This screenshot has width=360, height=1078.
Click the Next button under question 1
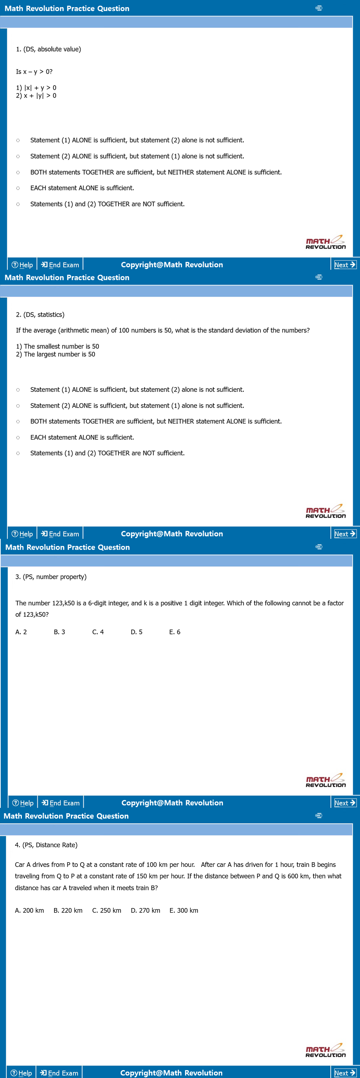[345, 264]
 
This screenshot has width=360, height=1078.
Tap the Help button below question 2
[22, 533]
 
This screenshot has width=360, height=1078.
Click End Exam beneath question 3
[61, 803]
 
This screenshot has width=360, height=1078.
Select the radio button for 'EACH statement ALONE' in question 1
[18, 188]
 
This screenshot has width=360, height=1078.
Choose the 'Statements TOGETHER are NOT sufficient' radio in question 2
[18, 453]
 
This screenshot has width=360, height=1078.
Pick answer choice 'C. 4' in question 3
[98, 632]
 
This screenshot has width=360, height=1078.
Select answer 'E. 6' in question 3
[175, 632]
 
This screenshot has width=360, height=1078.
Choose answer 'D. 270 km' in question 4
[145, 910]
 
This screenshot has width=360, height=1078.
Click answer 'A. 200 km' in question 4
[29, 910]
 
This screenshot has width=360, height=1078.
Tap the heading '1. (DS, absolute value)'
[49, 49]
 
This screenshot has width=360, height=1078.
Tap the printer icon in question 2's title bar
[318, 277]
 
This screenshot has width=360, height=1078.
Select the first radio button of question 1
[18, 141]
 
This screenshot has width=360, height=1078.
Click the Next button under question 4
[345, 1073]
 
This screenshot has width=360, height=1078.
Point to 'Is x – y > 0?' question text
[34, 72]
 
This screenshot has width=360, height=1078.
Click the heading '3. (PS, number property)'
[51, 577]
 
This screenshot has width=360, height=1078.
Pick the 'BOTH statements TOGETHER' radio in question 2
[18, 421]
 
